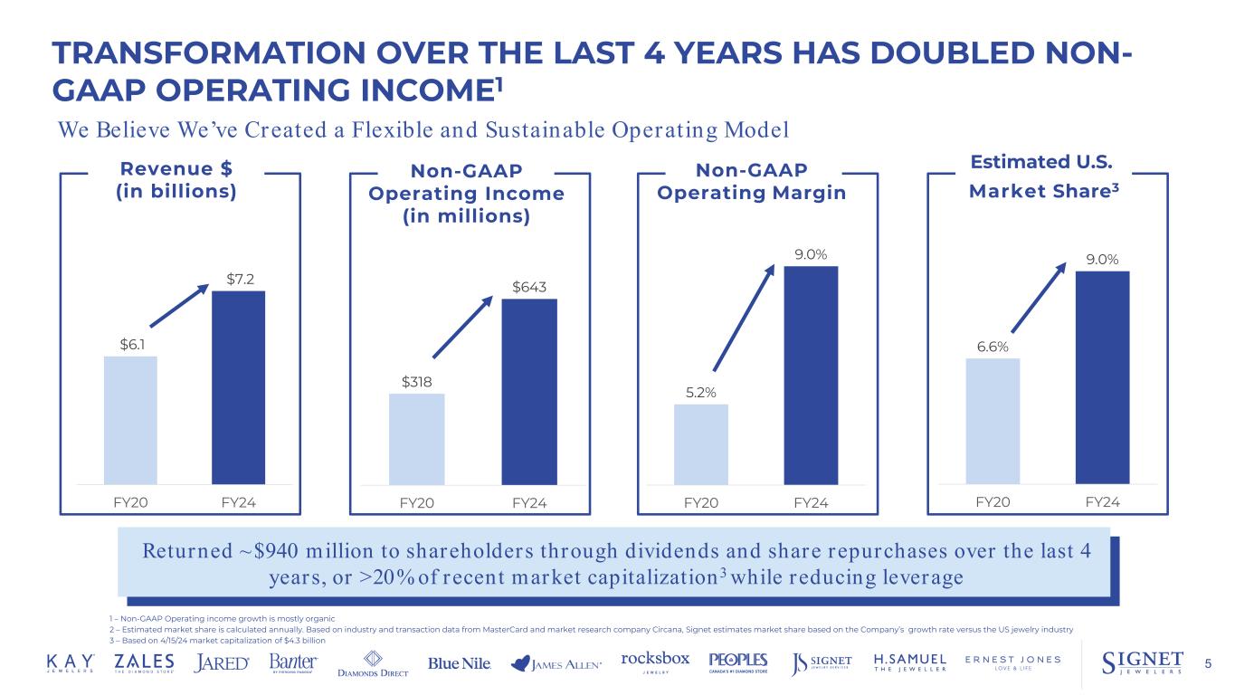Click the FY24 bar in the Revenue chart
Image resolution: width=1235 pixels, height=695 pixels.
coord(238,387)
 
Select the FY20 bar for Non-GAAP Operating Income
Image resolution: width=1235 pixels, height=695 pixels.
coord(416,439)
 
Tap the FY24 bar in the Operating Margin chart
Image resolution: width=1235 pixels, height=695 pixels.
coord(811,375)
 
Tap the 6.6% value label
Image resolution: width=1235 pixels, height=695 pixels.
coord(993,345)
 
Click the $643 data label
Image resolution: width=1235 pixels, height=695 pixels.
coord(528,286)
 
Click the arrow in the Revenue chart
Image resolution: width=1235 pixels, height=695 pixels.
coord(181,305)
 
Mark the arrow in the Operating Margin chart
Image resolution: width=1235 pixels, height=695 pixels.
coord(744,317)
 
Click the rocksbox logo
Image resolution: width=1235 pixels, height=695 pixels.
coord(656,661)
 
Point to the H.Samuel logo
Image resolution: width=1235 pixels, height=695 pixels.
coord(910,662)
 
